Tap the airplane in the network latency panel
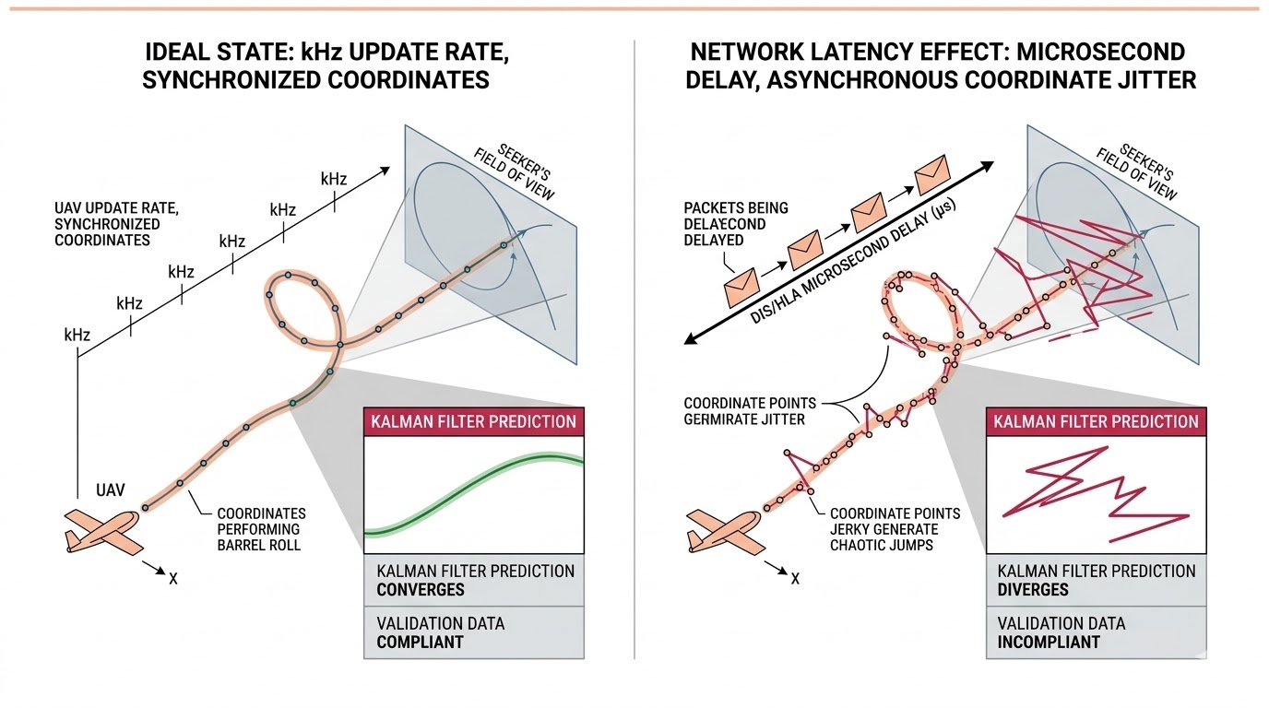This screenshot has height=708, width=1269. tap(723, 531)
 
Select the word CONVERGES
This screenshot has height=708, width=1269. tap(421, 590)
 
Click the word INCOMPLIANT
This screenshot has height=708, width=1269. tap(1048, 642)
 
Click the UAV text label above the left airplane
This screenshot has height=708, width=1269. tap(113, 491)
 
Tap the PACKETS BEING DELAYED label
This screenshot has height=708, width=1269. tap(735, 224)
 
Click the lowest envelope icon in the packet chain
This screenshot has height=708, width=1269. tap(741, 289)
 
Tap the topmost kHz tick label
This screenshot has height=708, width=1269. tap(334, 178)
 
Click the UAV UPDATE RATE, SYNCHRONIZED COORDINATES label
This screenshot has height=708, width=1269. tap(106, 224)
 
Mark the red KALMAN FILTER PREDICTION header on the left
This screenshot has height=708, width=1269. tap(474, 422)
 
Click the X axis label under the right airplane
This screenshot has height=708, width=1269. tap(795, 578)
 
